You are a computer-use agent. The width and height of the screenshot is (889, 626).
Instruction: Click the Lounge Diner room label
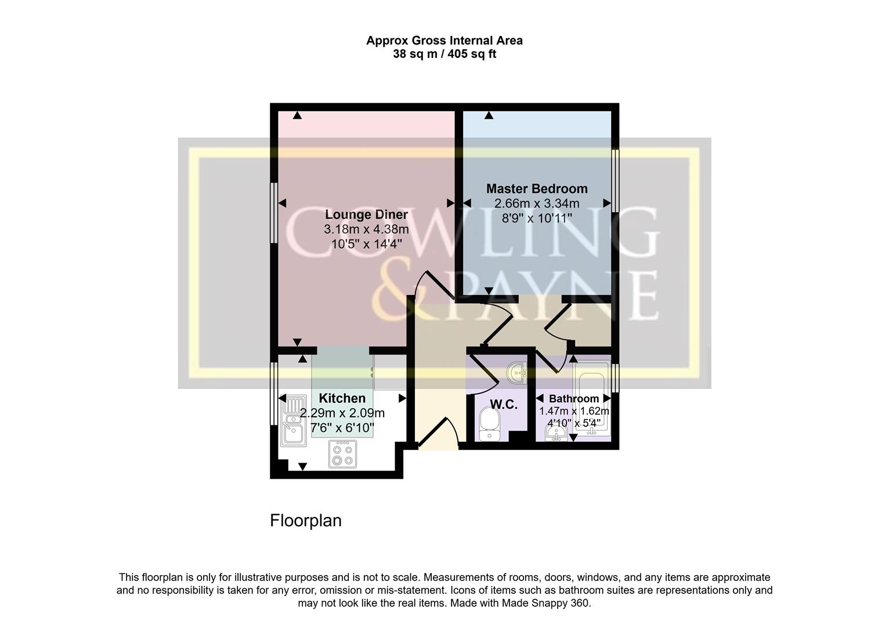366,214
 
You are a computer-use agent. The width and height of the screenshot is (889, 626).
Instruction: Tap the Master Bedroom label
536,189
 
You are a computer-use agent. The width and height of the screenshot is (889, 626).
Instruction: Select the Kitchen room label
342,398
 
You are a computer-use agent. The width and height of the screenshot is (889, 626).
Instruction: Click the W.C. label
503,405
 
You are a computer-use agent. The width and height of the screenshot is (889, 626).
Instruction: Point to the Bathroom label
573,399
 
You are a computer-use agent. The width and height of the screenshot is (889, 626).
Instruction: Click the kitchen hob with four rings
341,454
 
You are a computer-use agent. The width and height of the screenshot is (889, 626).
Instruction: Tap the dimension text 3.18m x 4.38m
366,230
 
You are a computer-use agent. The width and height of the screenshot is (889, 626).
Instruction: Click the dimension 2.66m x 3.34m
536,203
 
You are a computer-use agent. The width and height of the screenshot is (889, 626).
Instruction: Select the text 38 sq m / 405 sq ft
444,54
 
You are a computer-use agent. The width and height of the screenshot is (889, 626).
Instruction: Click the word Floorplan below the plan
306,521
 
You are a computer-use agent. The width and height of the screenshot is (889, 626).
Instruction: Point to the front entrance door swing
440,433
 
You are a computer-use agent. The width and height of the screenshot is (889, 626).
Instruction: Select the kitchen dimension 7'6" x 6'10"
342,428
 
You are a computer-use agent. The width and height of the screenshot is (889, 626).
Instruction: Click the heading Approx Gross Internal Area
444,41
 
